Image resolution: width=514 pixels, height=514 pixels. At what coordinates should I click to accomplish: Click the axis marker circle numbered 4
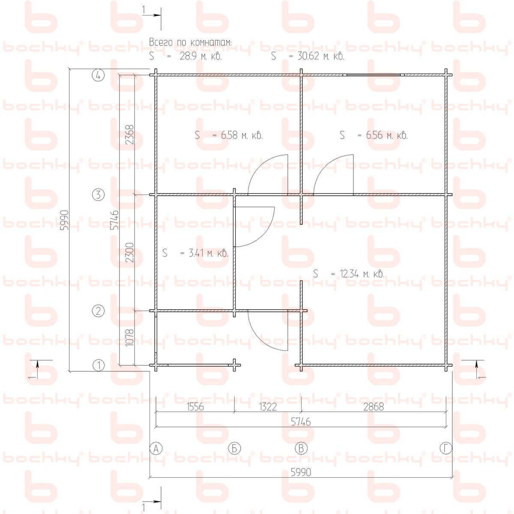point(98,75)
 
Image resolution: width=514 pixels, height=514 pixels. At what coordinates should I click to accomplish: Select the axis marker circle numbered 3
point(98,194)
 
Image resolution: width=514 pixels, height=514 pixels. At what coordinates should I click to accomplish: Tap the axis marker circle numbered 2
point(98,311)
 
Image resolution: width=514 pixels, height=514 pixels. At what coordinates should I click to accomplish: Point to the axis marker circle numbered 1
point(99,365)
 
